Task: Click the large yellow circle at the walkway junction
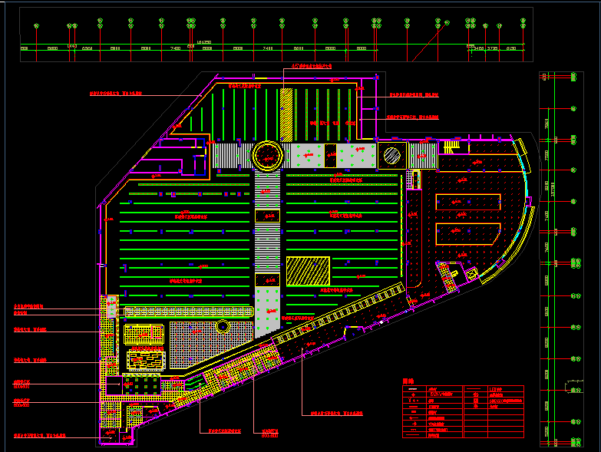268,155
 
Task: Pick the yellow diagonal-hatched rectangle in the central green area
308,272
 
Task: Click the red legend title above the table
407,381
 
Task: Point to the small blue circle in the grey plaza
223,327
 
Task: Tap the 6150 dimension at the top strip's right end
511,48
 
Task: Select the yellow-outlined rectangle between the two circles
330,154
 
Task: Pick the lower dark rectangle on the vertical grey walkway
266,279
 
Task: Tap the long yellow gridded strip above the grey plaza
188,312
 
